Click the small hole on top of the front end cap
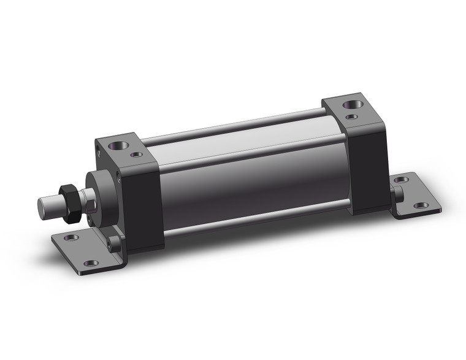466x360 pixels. [137, 154]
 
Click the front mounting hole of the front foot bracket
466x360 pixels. [91, 262]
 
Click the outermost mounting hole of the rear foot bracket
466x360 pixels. [421, 205]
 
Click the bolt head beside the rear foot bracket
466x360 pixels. [397, 194]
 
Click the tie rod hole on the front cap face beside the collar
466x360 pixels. [118, 177]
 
